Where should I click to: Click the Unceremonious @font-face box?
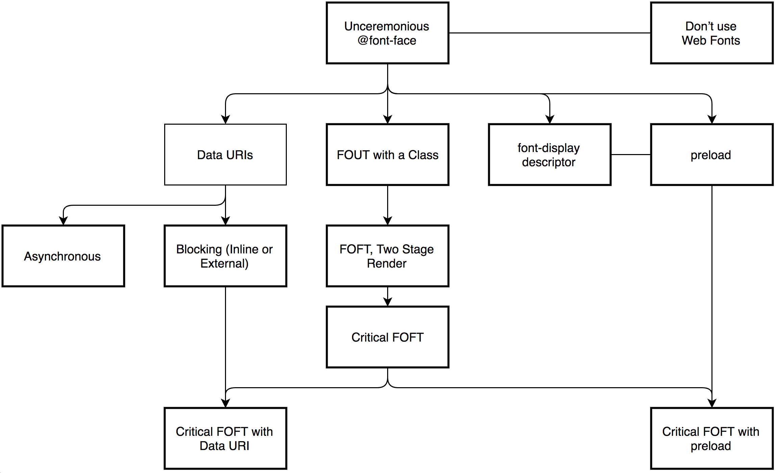click(387, 33)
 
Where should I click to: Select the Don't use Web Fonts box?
click(711, 33)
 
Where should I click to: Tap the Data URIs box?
click(225, 154)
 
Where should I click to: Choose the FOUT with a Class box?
click(387, 154)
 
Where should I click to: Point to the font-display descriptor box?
click(550, 154)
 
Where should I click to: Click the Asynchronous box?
click(63, 256)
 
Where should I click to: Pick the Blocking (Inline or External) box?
click(225, 256)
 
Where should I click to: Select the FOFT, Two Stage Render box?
click(387, 256)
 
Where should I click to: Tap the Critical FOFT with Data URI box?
click(225, 438)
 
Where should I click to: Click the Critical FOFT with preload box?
click(711, 438)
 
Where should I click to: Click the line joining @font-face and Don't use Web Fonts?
click(550, 33)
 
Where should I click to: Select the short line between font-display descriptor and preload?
click(631, 154)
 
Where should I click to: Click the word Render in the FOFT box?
click(387, 263)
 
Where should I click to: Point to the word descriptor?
click(548, 162)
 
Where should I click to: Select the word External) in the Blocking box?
click(224, 263)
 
